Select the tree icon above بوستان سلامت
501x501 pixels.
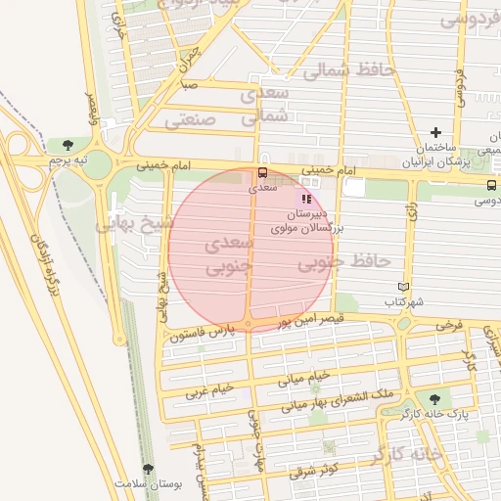pyautogui.click(x=148, y=470)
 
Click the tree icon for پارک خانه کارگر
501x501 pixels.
pyautogui.click(x=433, y=398)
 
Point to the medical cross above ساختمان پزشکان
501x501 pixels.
pyautogui.click(x=435, y=132)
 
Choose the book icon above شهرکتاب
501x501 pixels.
pyautogui.click(x=402, y=287)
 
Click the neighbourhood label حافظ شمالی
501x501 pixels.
pyautogui.click(x=342, y=70)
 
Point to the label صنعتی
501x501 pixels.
pyautogui.click(x=189, y=121)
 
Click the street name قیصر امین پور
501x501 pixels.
pyautogui.click(x=311, y=319)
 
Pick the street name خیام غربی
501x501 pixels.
pyautogui.click(x=213, y=388)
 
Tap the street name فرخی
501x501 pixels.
pyautogui.click(x=447, y=323)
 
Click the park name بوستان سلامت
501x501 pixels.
pyautogui.click(x=136, y=484)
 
